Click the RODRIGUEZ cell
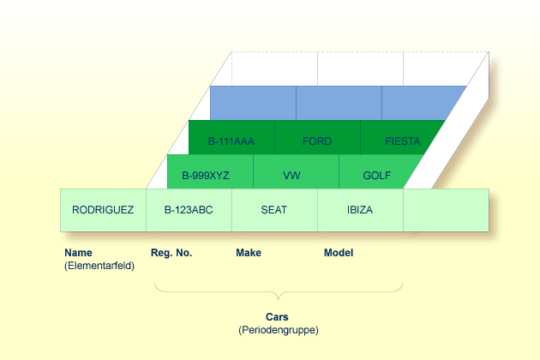coord(103,210)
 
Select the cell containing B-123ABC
coord(189,210)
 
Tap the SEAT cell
coord(274,210)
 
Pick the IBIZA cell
coord(360,210)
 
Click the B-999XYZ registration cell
coord(206,175)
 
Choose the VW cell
coord(291,175)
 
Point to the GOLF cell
coord(377,175)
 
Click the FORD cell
coord(317,141)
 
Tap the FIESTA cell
coord(402,141)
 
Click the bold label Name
coord(78,253)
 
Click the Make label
coord(249,253)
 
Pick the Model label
coord(339,253)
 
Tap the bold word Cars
coord(277,316)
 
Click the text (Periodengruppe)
coord(278,330)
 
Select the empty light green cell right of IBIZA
coord(446,210)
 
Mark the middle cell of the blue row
coord(339,103)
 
